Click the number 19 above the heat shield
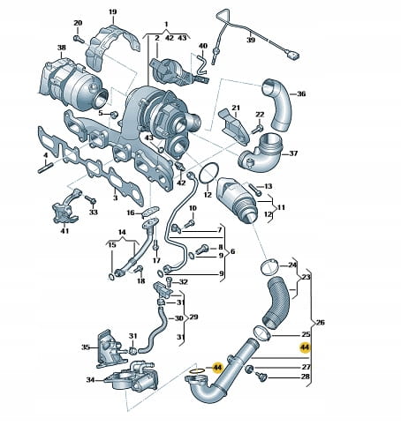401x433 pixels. coord(113,12)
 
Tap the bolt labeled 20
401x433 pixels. coord(78,39)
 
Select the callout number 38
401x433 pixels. coord(62,48)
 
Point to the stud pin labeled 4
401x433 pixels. coord(45,168)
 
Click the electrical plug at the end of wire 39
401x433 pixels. coord(293,56)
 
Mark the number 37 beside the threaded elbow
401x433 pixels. coord(293,153)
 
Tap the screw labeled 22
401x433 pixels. coord(258,129)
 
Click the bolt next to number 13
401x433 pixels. coord(255,190)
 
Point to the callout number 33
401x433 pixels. coord(94,212)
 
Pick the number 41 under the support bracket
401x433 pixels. coord(64,231)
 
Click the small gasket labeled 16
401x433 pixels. coord(151,211)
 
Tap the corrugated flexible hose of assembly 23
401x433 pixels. coord(276,302)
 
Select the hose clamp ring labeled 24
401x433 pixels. coord(269,267)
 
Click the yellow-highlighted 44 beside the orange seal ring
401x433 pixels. coord(218,368)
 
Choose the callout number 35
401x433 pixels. coord(86,347)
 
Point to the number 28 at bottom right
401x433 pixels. coord(306,377)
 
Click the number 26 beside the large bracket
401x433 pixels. coord(320,323)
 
